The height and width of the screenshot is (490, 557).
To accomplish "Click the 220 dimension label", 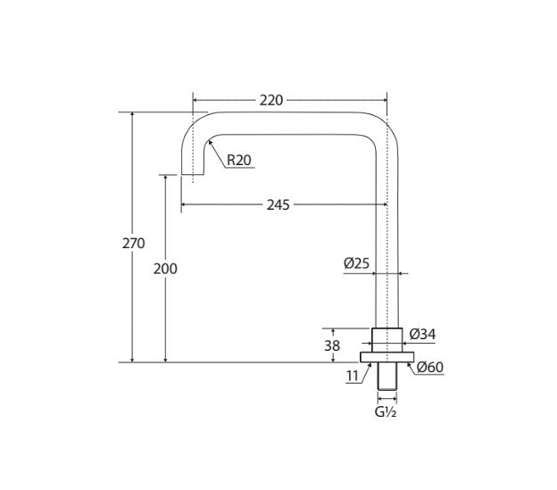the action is pos(271,101).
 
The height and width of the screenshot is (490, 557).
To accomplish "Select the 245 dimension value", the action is pos(278,205).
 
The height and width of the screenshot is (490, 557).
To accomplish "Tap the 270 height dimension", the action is pos(134,244).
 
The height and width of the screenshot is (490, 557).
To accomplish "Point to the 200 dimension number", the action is pos(165,269).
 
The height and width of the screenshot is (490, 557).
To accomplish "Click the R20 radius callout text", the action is pos(238,160).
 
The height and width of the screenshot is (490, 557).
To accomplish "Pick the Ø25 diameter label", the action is pos(356,263).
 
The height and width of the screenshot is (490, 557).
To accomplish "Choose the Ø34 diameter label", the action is pos(422,334).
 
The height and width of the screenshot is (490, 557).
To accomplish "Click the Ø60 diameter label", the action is pos(430,367).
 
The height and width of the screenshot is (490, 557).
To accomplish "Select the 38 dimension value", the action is pos(332,345).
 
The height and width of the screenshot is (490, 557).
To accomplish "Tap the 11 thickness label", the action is pos(353,376).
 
